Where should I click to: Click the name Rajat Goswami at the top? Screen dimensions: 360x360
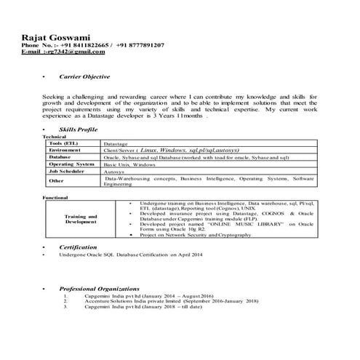(52, 36)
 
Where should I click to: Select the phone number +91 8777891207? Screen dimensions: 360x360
(140, 45)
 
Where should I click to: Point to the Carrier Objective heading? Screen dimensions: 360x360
(84, 76)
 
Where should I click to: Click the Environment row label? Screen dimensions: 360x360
(66, 150)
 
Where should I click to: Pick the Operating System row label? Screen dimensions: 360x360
(72, 164)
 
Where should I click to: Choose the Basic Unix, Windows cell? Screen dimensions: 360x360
(135, 165)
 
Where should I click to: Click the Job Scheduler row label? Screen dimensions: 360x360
(68, 172)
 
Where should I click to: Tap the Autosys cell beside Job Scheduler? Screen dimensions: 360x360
(115, 172)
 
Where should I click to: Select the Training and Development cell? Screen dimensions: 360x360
(81, 218)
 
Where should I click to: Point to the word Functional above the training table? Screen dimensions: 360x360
(55, 197)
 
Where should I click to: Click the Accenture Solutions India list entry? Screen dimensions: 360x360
(171, 301)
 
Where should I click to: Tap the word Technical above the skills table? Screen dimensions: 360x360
(55, 136)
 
